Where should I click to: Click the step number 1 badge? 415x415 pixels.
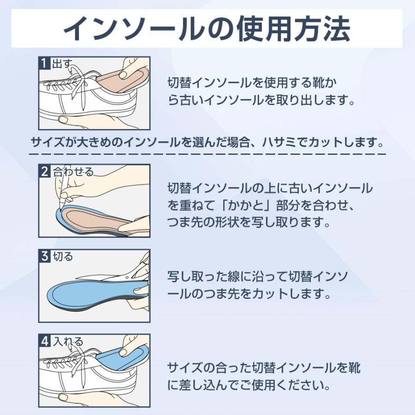point(45,63)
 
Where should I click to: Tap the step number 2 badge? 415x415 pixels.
point(45,172)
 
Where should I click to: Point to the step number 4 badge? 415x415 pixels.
point(45,342)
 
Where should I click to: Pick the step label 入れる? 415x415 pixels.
point(68,342)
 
